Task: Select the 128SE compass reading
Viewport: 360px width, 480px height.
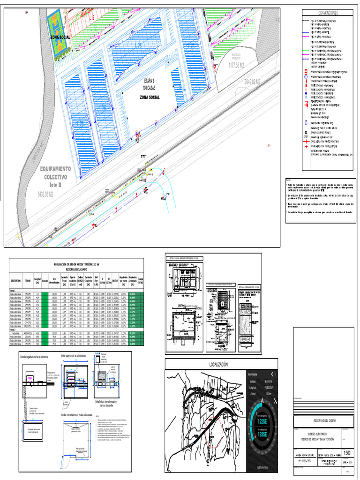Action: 262,435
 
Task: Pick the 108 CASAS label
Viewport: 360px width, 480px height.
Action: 150,88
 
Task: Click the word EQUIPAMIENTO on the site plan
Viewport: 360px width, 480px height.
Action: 55,169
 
